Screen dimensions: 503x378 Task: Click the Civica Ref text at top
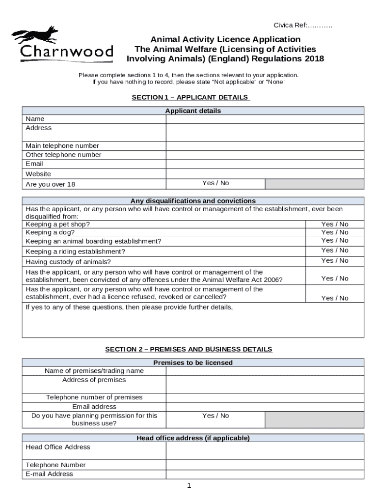pyautogui.click(x=302, y=25)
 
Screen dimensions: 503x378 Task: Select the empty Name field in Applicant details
pyautogui.click(x=265, y=119)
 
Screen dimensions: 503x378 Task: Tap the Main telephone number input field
pyautogui.click(x=265, y=146)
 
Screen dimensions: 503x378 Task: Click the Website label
pyautogui.click(x=38, y=174)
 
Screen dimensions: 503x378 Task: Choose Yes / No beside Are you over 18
pyautogui.click(x=216, y=183)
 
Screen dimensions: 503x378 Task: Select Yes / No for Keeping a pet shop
pyautogui.click(x=334, y=224)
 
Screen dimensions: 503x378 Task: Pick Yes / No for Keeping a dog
pyautogui.click(x=334, y=232)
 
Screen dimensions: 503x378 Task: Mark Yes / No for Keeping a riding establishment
pyautogui.click(x=334, y=251)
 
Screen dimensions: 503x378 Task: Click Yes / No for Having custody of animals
pyautogui.click(x=334, y=261)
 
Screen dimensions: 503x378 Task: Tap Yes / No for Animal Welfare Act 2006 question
pyautogui.click(x=334, y=279)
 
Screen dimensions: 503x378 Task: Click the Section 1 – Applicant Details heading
pyautogui.click(x=190, y=97)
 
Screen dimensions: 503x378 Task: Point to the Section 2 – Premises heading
pyautogui.click(x=189, y=349)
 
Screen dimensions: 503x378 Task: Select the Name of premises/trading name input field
pyautogui.click(x=265, y=371)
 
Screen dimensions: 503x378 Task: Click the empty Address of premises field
pyautogui.click(x=265, y=384)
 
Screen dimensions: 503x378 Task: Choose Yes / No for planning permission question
pyautogui.click(x=216, y=416)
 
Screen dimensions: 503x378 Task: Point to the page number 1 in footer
pyautogui.click(x=189, y=486)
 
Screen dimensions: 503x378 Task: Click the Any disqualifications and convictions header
pyautogui.click(x=193, y=201)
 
